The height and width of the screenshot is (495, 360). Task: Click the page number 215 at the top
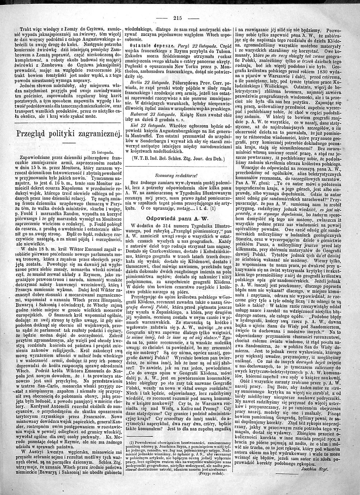(177, 18)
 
